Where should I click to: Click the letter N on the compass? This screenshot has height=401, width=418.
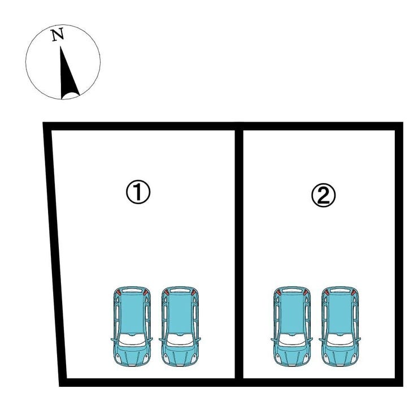[x=58, y=35]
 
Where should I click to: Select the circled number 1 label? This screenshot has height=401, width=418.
[x=138, y=192]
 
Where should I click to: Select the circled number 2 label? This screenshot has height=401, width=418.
[x=324, y=195]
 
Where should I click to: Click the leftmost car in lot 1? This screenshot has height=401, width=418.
[x=132, y=326]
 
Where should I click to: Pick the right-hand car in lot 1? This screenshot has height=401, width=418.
[x=180, y=326]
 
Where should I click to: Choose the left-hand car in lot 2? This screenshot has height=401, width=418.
[x=292, y=326]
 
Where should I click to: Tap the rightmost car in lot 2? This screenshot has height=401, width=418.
[x=340, y=326]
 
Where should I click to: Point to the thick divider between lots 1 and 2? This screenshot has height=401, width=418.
[x=239, y=254]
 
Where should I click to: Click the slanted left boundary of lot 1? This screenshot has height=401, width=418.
[x=55, y=254]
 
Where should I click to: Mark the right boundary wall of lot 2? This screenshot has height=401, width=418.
[x=399, y=254]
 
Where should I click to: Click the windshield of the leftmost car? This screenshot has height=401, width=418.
[x=132, y=339]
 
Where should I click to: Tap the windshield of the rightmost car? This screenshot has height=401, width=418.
[x=340, y=339]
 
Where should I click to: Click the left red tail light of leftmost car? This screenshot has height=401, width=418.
[x=119, y=292]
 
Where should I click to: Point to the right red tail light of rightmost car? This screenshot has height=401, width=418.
[x=353, y=292]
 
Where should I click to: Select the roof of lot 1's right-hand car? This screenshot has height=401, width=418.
[x=180, y=313]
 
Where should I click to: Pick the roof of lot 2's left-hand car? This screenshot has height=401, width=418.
[x=292, y=313]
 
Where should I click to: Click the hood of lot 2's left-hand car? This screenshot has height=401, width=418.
[x=292, y=355]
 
